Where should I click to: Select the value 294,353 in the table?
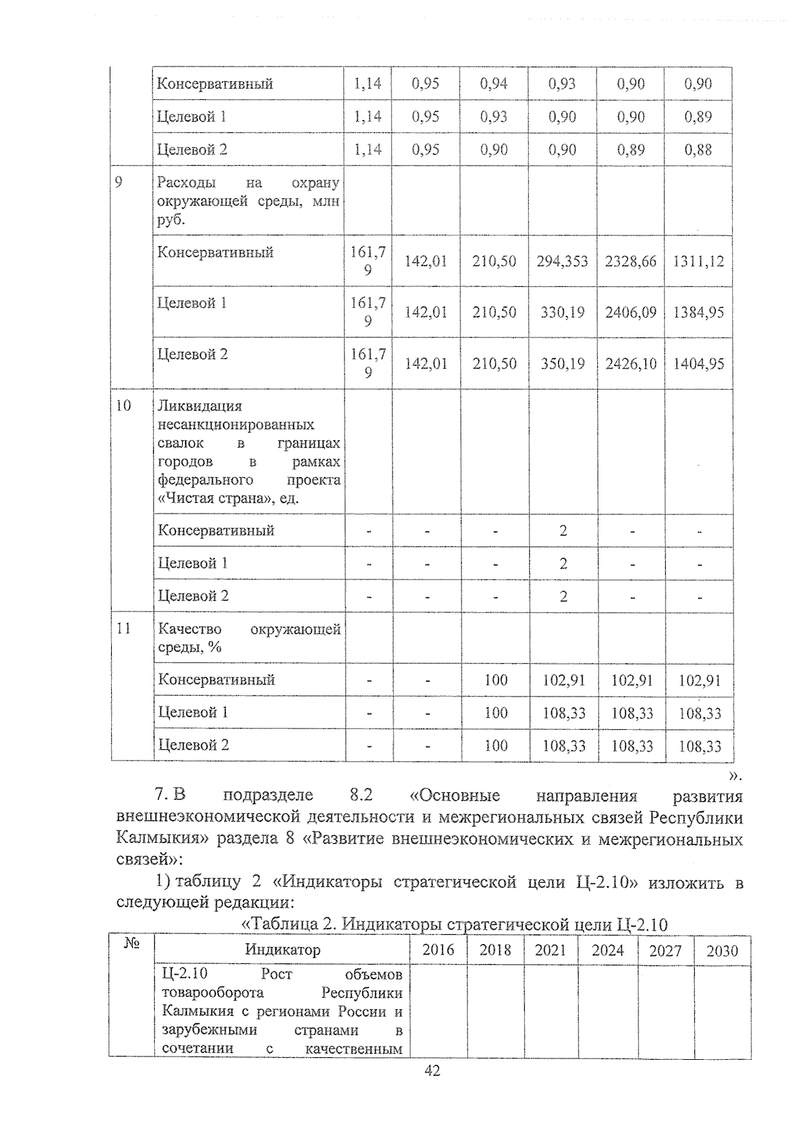pos(563,261)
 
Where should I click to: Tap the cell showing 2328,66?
pos(630,261)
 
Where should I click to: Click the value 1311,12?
pos(698,261)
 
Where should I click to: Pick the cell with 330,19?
pos(563,313)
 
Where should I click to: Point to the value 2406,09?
pos(630,313)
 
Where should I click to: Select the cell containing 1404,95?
pos(698,364)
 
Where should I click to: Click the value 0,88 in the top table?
pos(698,150)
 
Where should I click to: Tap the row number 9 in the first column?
pos(119,182)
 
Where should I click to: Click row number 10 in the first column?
pos(123,405)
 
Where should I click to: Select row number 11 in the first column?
pos(123,628)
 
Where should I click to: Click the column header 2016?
pos(438,950)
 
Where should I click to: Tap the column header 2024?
pos(608,950)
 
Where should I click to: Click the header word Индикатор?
pos(283,949)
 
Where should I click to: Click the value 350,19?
pos(563,364)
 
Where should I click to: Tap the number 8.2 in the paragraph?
pos(360,796)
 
